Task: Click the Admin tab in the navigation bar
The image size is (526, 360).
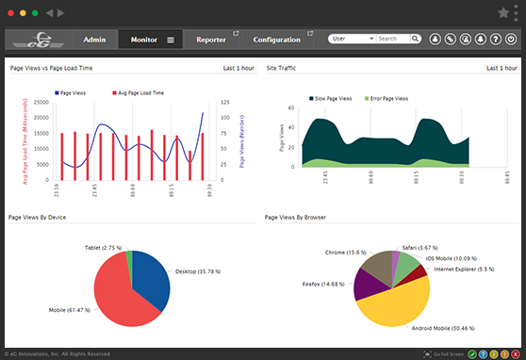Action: coord(93,40)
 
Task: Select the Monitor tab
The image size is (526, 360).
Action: coord(144,40)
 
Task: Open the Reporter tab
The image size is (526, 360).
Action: coord(210,40)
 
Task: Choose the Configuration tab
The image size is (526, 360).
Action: coord(276,40)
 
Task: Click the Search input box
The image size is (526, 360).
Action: coord(398,40)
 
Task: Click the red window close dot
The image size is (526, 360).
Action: coord(11,13)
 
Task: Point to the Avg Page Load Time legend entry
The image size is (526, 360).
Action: coord(140,93)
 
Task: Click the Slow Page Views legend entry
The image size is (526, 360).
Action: coord(332,98)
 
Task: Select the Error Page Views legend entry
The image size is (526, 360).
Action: coord(386,98)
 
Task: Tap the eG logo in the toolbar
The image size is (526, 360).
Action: coord(38,40)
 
